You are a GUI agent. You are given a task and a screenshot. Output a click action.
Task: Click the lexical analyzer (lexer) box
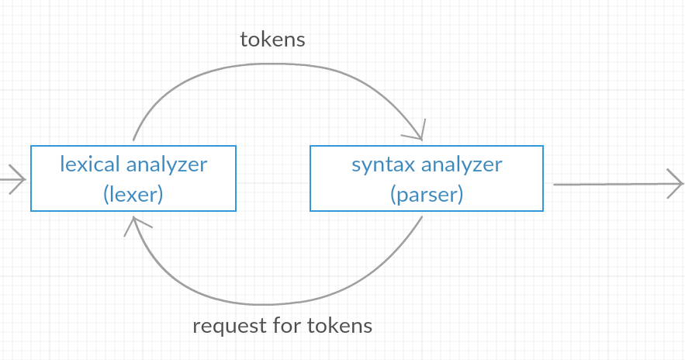[x=133, y=178]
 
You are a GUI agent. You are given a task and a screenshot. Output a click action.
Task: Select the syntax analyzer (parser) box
[x=427, y=178]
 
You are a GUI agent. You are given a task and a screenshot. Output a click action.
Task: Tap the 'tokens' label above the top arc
[x=272, y=40]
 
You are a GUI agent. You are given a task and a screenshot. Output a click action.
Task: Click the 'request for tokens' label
[x=282, y=325]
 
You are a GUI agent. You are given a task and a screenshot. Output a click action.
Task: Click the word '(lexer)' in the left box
[x=133, y=193]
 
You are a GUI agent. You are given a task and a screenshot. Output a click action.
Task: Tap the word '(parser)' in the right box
[x=427, y=193]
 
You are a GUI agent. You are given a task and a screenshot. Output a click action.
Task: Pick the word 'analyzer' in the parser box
[x=462, y=164]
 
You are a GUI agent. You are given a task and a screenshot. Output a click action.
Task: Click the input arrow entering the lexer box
[x=12, y=180]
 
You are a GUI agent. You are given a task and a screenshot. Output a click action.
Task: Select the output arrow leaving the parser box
[x=613, y=185]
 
